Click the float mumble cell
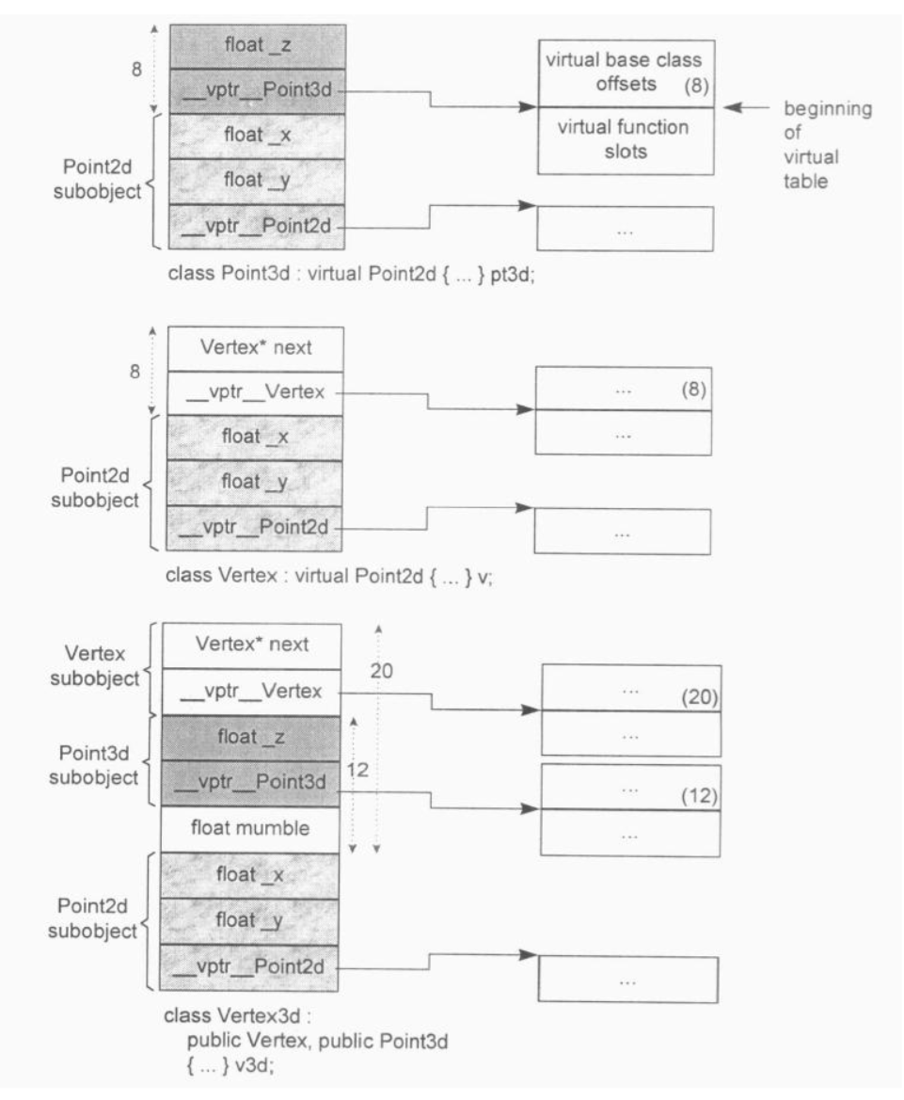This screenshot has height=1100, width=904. (x=251, y=829)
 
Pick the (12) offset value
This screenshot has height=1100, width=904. (x=699, y=796)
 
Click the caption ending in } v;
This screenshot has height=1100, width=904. (x=328, y=577)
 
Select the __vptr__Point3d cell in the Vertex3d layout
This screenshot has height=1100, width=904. (x=251, y=782)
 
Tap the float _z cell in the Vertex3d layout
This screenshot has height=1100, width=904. (x=251, y=739)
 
